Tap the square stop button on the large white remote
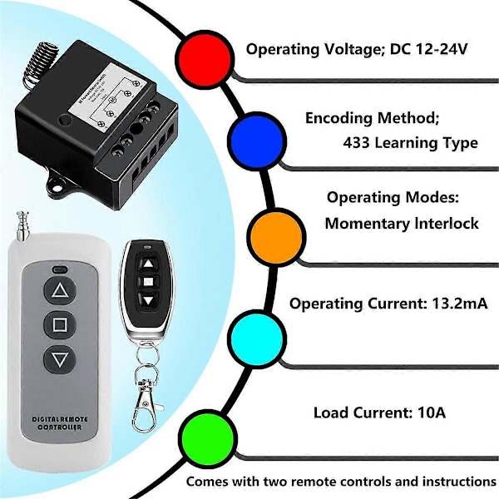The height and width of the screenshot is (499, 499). pos(61,325)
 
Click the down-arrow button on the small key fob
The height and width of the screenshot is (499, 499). pos(147,299)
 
